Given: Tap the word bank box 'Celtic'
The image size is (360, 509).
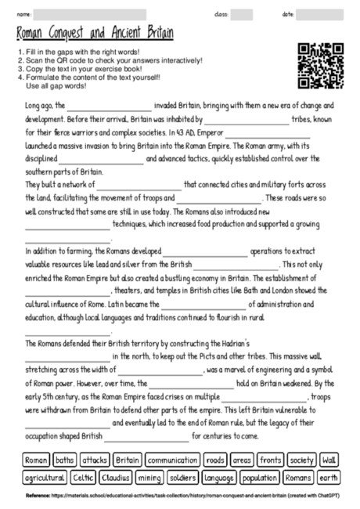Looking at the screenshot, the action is point(83,477).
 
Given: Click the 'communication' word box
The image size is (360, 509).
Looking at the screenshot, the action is point(172,460).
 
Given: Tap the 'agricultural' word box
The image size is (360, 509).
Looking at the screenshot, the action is point(44,477).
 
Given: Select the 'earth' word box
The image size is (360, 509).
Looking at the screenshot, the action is point(329,477).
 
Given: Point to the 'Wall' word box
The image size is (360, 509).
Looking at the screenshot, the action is point(329,460).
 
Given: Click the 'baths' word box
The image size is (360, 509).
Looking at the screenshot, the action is point(65,460).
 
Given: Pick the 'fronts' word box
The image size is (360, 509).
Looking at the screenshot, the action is point(271,460).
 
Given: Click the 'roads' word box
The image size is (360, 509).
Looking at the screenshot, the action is point(215,460).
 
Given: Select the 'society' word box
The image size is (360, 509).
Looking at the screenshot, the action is point(302,460).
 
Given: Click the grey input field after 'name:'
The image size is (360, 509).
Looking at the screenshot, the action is point(90,14).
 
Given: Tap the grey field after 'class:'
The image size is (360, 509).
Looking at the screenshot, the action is point(242,14).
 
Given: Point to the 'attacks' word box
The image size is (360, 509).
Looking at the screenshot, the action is point(95,460).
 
